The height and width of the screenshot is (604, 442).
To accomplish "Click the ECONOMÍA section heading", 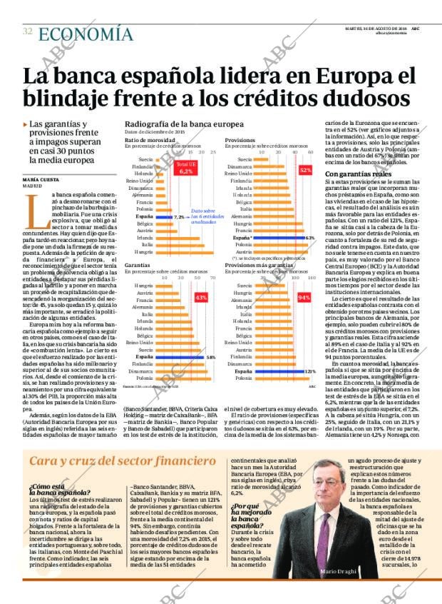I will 86,34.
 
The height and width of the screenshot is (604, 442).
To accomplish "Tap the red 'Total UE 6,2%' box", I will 186,168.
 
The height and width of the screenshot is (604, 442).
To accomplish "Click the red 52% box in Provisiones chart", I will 306,170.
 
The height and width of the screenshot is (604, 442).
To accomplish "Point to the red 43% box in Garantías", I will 201,296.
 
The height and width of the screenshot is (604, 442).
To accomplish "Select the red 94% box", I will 304,296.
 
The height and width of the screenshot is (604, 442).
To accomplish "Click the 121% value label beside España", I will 310,371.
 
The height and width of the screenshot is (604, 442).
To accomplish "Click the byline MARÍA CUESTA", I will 41,179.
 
